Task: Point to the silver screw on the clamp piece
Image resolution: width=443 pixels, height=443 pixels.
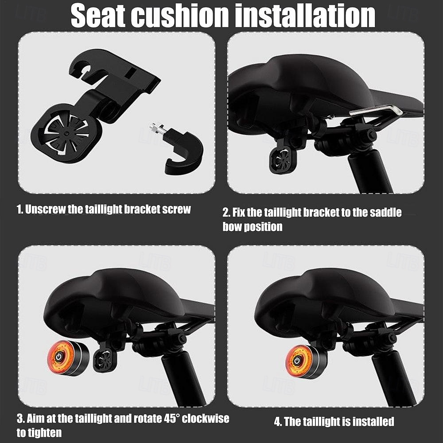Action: [157, 130]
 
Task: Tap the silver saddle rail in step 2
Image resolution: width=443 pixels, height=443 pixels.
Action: [376, 110]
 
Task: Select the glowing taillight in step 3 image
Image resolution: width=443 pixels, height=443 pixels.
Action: [62, 358]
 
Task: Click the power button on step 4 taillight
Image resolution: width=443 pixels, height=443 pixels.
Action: [297, 361]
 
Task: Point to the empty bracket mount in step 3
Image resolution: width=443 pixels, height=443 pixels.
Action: [105, 359]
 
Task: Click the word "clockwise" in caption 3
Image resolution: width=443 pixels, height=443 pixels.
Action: [205, 418]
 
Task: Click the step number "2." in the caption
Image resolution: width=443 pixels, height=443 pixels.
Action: [226, 213]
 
